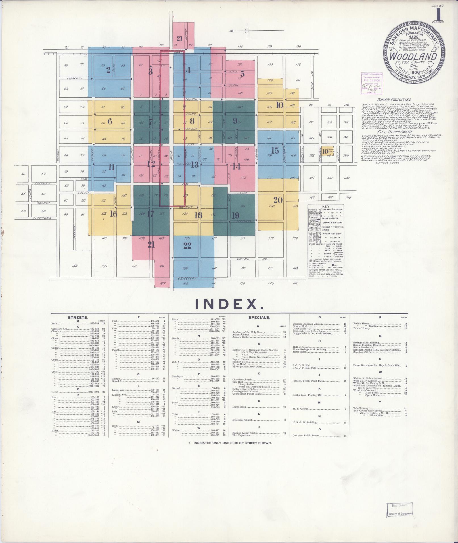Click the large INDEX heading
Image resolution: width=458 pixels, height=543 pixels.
(x=229, y=304)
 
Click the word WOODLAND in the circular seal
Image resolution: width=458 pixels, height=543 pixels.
(x=413, y=56)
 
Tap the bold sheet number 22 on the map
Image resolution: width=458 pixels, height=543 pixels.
(x=187, y=246)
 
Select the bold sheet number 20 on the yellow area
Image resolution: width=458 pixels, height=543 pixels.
(x=278, y=200)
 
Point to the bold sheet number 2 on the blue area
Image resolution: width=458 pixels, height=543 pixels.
(x=108, y=70)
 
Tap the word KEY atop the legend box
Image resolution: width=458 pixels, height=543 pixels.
(x=325, y=207)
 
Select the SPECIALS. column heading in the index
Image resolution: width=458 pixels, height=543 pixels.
(x=259, y=317)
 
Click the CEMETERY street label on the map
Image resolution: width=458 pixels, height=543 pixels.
(x=187, y=278)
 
